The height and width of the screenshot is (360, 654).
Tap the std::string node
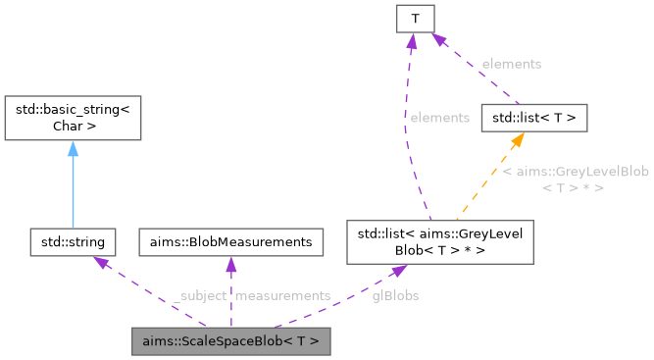pos(74,240)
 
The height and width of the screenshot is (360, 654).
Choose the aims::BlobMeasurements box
pos(230,240)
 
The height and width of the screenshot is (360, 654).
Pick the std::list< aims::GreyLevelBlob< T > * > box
pos(440,240)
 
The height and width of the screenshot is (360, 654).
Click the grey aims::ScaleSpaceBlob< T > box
pos(230,342)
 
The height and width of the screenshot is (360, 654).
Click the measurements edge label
pos(282,295)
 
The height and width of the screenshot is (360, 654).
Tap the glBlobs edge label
pos(395,295)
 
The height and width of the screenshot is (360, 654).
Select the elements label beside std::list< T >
pos(511,64)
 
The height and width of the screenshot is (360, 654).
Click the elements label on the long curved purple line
pos(439,118)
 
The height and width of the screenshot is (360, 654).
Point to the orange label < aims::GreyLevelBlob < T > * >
pos(575,179)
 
